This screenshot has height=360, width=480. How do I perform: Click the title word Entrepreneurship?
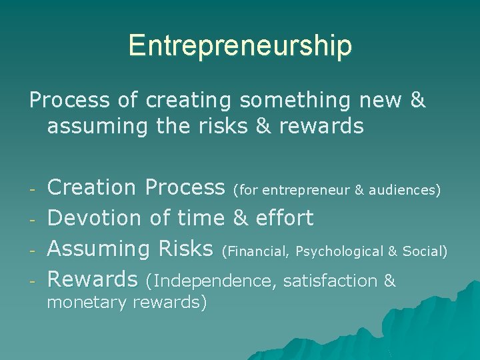[240, 45]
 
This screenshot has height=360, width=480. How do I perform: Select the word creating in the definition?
[189, 100]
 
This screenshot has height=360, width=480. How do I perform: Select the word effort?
[283, 217]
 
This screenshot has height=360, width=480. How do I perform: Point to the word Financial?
[257, 251]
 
